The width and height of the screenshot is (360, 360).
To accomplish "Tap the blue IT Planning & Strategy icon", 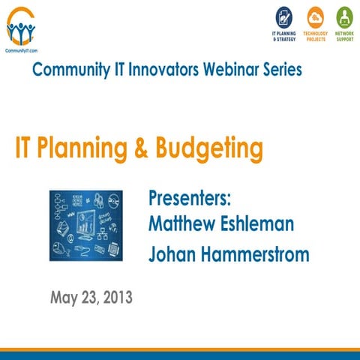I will (283, 17).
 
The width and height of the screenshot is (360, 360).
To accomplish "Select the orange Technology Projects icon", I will (315, 17).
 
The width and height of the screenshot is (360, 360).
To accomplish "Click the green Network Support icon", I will (344, 17).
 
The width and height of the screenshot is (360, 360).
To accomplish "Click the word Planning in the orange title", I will (80, 148).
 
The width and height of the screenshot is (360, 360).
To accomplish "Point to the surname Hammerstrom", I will (256, 254).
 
